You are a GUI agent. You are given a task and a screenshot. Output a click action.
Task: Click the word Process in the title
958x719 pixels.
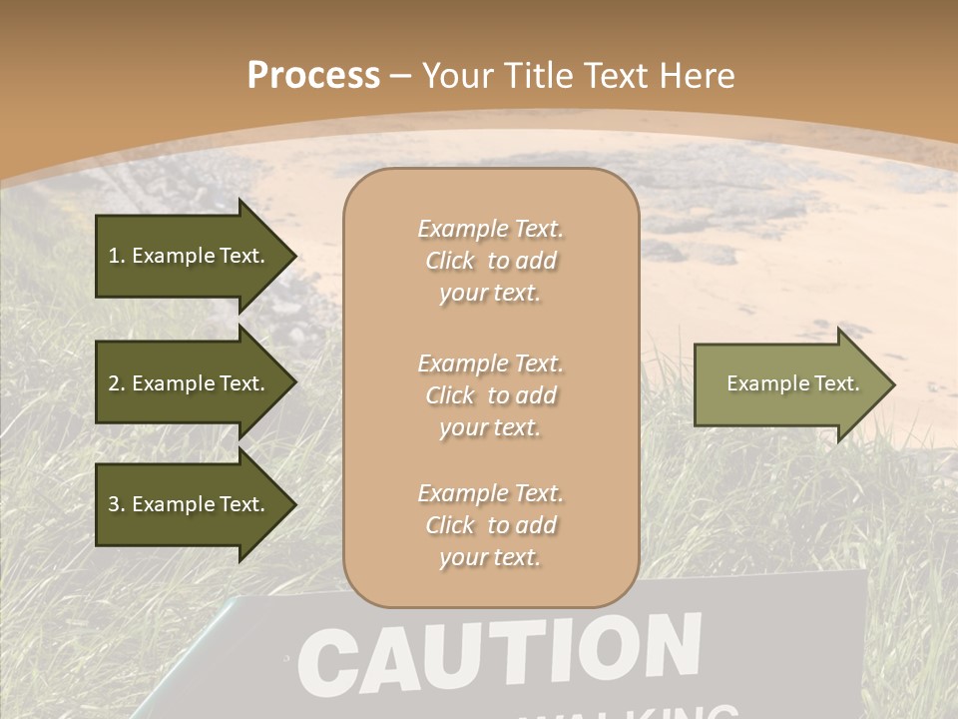(x=313, y=76)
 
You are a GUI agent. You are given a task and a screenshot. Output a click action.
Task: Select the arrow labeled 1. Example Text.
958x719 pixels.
(x=190, y=256)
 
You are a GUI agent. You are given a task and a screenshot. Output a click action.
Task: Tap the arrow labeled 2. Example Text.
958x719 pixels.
(x=190, y=383)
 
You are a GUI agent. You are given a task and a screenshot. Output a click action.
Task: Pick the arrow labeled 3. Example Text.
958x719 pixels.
(x=190, y=504)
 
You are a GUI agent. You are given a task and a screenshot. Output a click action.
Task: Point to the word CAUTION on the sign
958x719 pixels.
(x=499, y=655)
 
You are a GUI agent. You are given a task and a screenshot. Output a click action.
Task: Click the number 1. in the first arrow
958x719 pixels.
(x=117, y=256)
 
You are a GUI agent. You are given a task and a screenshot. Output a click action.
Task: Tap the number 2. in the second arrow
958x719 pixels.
(x=117, y=383)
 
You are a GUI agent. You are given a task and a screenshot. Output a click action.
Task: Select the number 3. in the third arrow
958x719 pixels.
(x=117, y=504)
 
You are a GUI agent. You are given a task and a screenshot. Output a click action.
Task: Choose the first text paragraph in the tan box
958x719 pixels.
(x=490, y=261)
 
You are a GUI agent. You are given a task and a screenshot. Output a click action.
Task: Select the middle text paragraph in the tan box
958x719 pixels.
(x=490, y=395)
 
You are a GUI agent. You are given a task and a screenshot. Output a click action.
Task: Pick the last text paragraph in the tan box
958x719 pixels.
(x=490, y=525)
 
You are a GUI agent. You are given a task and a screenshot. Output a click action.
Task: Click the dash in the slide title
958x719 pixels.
(x=400, y=77)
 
